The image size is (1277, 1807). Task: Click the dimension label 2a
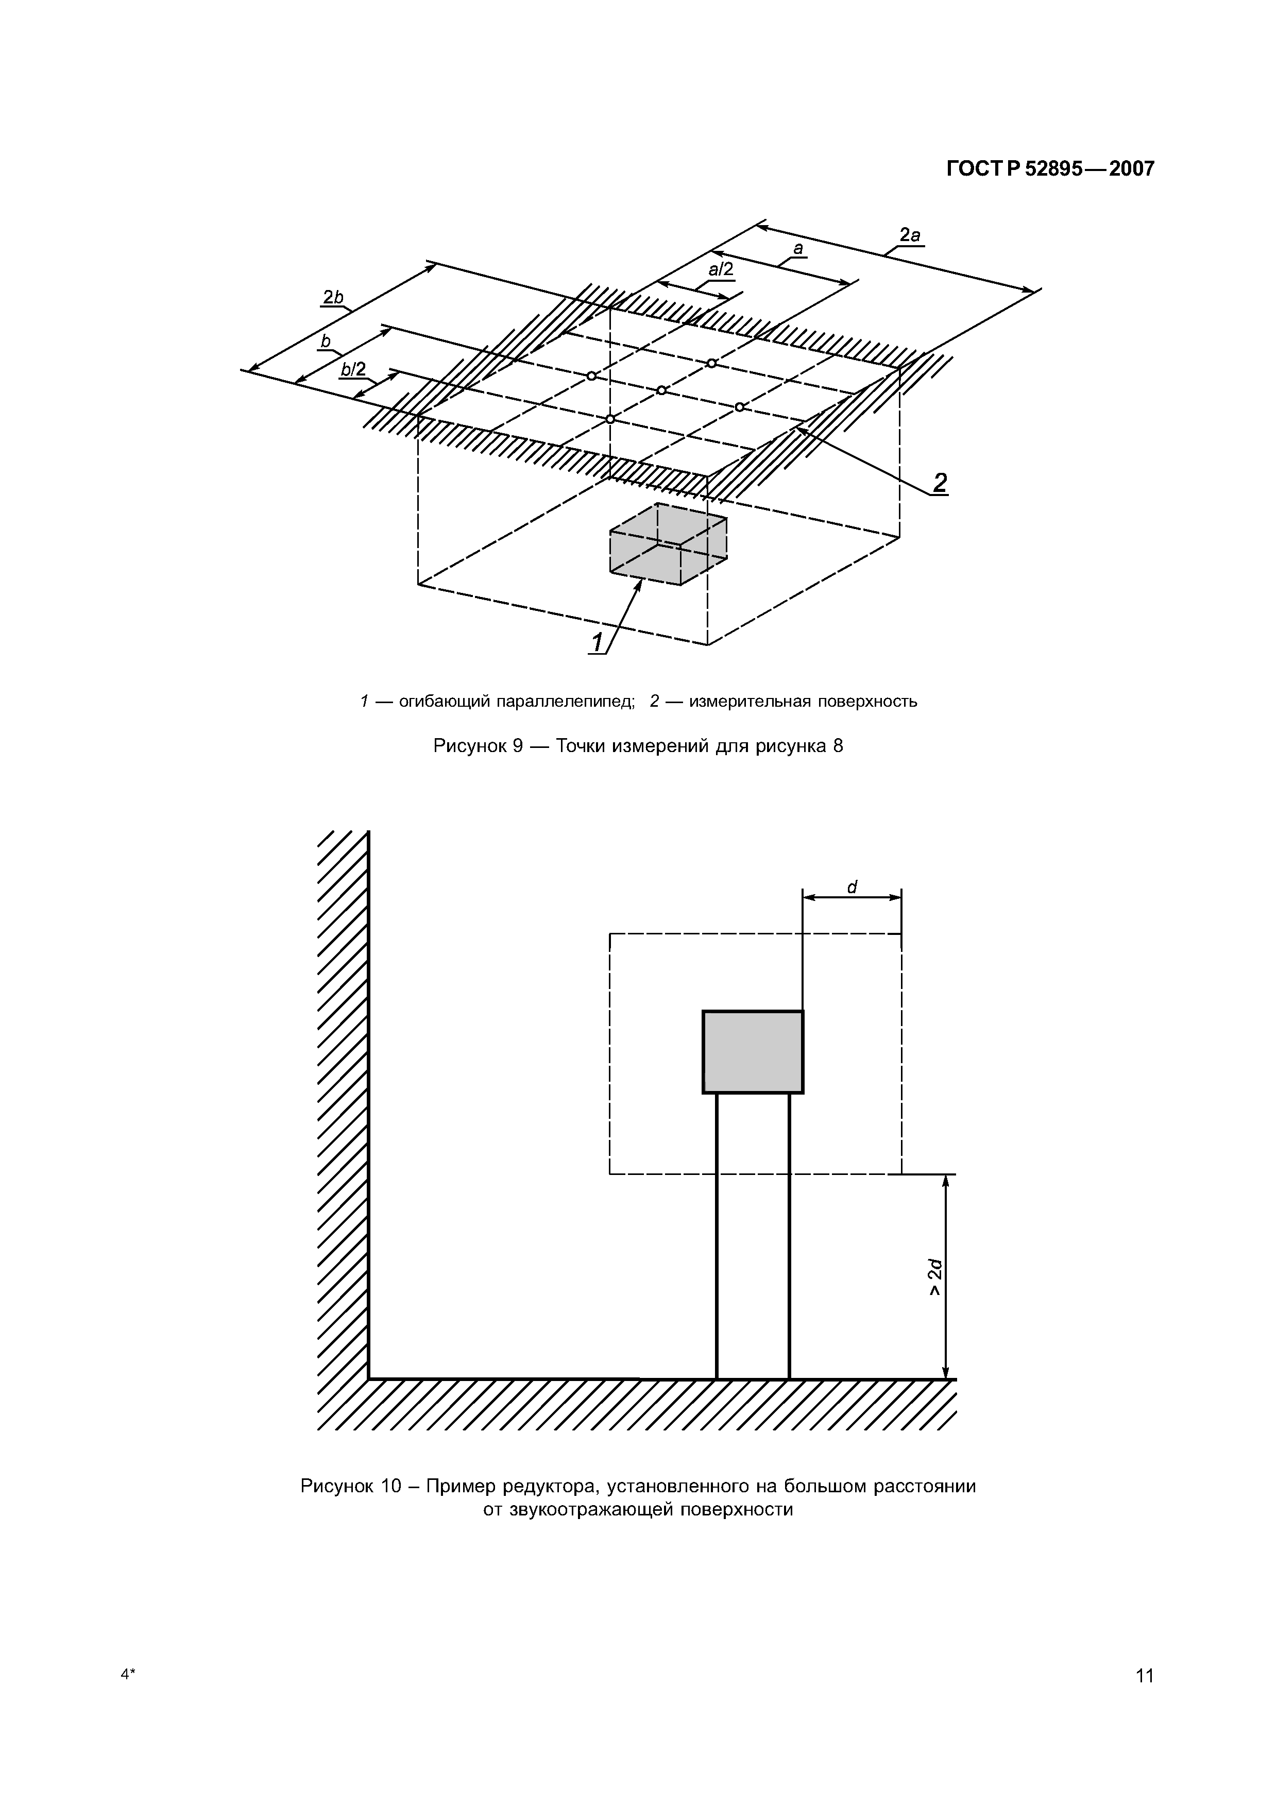(910, 234)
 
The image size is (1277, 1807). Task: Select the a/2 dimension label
(720, 270)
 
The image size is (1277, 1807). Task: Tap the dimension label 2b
(333, 298)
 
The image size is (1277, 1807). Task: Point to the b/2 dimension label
(353, 369)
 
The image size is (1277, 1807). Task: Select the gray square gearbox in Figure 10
(753, 1051)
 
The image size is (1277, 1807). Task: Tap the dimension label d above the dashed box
(852, 888)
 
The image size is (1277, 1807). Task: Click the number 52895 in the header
(1053, 169)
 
